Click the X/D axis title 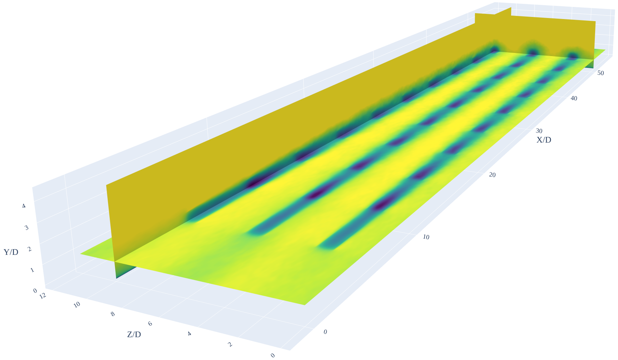pos(544,140)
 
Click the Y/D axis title pos(11,252)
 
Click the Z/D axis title pos(134,335)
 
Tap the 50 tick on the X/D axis pos(601,73)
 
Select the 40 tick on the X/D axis pos(574,98)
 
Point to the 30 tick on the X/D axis pos(539,131)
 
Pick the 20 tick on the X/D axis pos(492,175)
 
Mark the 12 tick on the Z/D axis pos(43,296)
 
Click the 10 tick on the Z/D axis pos(77,305)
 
